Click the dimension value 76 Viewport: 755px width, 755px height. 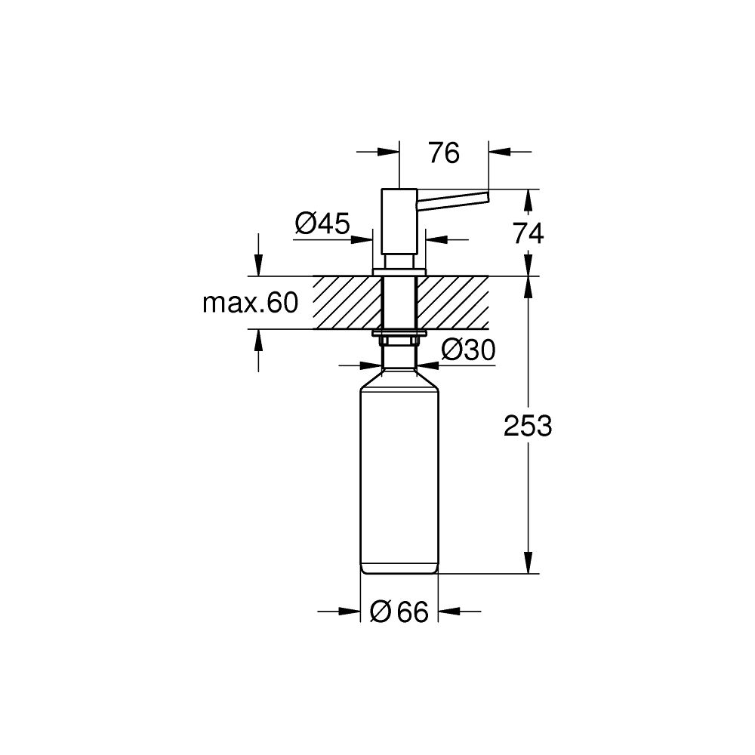pyautogui.click(x=443, y=153)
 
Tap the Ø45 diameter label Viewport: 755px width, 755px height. pyautogui.click(x=322, y=223)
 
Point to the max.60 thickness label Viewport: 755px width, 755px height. pyautogui.click(x=251, y=304)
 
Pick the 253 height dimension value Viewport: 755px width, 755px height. pyautogui.click(x=528, y=427)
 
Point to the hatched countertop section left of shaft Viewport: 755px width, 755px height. pyautogui.click(x=348, y=303)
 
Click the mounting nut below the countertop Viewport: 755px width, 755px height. pyautogui.click(x=399, y=341)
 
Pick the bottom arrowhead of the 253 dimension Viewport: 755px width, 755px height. pyautogui.click(x=528, y=565)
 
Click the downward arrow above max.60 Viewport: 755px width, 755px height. pyautogui.click(x=259, y=267)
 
